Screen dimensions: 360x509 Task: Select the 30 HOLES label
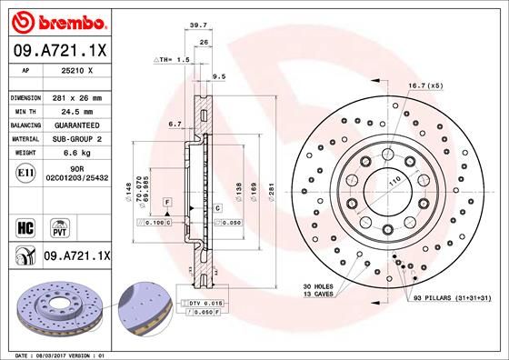[319, 287]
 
